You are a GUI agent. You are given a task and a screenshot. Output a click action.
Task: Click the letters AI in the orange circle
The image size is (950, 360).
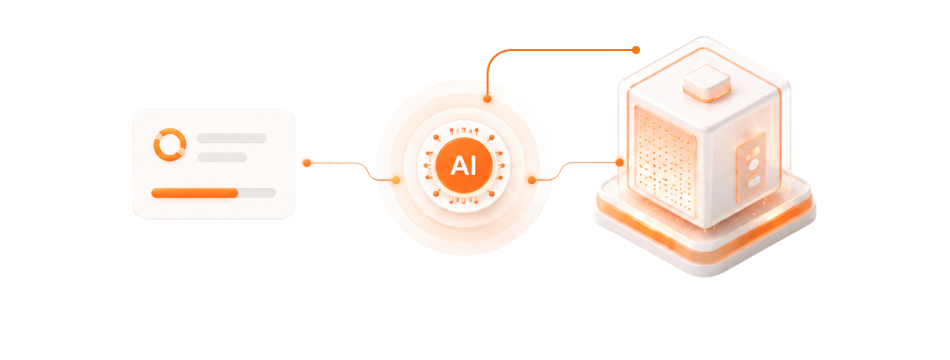463,165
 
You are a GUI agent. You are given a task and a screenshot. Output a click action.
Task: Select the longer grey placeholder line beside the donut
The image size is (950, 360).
231,138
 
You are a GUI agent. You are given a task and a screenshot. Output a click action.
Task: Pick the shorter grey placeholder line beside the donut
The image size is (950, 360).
222,158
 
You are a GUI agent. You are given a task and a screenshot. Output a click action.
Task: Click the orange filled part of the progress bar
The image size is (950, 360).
194,193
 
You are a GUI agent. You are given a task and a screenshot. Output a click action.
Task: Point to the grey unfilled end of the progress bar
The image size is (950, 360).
257,193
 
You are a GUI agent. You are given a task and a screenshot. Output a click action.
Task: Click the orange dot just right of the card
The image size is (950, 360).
307,162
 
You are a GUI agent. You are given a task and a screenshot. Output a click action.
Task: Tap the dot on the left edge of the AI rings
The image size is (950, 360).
396,180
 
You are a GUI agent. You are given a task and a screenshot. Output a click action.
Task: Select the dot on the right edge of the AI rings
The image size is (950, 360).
531,180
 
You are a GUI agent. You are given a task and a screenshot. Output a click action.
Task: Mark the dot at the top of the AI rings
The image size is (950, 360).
487,98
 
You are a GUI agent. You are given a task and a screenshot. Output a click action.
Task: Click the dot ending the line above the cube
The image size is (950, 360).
636,50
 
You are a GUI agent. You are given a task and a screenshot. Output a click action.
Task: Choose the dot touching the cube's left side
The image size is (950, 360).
619,162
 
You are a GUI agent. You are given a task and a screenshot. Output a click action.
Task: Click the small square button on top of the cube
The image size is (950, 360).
706,83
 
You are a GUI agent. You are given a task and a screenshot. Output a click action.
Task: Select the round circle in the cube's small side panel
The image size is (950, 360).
753,164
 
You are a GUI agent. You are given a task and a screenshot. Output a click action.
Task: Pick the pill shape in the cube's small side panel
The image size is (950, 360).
753,181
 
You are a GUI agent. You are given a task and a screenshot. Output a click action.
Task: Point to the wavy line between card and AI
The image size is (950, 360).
351,172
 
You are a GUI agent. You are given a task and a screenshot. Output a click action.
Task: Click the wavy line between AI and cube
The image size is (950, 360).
576,172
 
